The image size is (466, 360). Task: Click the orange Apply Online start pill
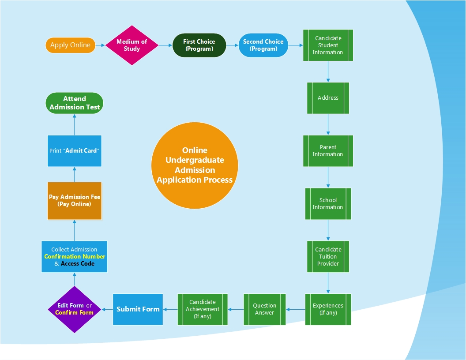click(70, 45)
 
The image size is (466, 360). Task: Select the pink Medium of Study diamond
click(132, 45)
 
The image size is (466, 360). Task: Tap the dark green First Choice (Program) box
click(199, 45)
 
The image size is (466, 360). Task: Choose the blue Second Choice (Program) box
click(263, 45)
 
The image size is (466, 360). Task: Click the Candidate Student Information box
click(328, 45)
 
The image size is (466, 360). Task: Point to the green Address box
click(328, 98)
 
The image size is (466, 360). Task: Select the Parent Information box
click(328, 151)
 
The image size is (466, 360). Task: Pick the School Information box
click(328, 204)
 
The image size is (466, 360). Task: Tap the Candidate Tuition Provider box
click(328, 257)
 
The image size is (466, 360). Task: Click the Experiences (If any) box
click(328, 309)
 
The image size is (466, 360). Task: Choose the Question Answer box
click(264, 309)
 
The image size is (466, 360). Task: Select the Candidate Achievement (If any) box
click(203, 309)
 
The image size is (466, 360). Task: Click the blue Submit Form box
click(138, 309)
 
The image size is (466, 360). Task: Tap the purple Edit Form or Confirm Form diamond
click(74, 309)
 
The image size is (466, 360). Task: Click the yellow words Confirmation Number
click(75, 256)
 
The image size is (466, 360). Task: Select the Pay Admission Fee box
click(74, 201)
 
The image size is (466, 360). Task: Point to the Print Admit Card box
click(74, 151)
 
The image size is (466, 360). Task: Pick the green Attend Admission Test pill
click(74, 103)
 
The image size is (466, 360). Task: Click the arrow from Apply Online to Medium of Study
click(101, 45)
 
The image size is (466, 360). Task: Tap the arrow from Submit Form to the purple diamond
click(107, 309)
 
